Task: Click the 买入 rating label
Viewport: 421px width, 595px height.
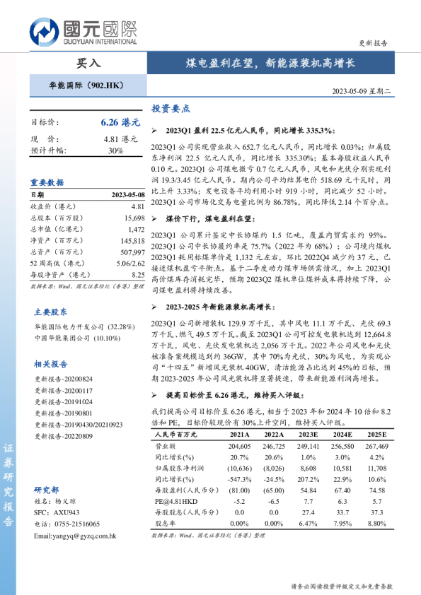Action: click(x=88, y=63)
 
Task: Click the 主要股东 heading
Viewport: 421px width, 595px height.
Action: click(x=51, y=312)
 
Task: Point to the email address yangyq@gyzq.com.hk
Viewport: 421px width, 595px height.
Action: click(x=74, y=536)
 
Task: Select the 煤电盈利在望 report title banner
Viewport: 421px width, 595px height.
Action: click(x=275, y=63)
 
